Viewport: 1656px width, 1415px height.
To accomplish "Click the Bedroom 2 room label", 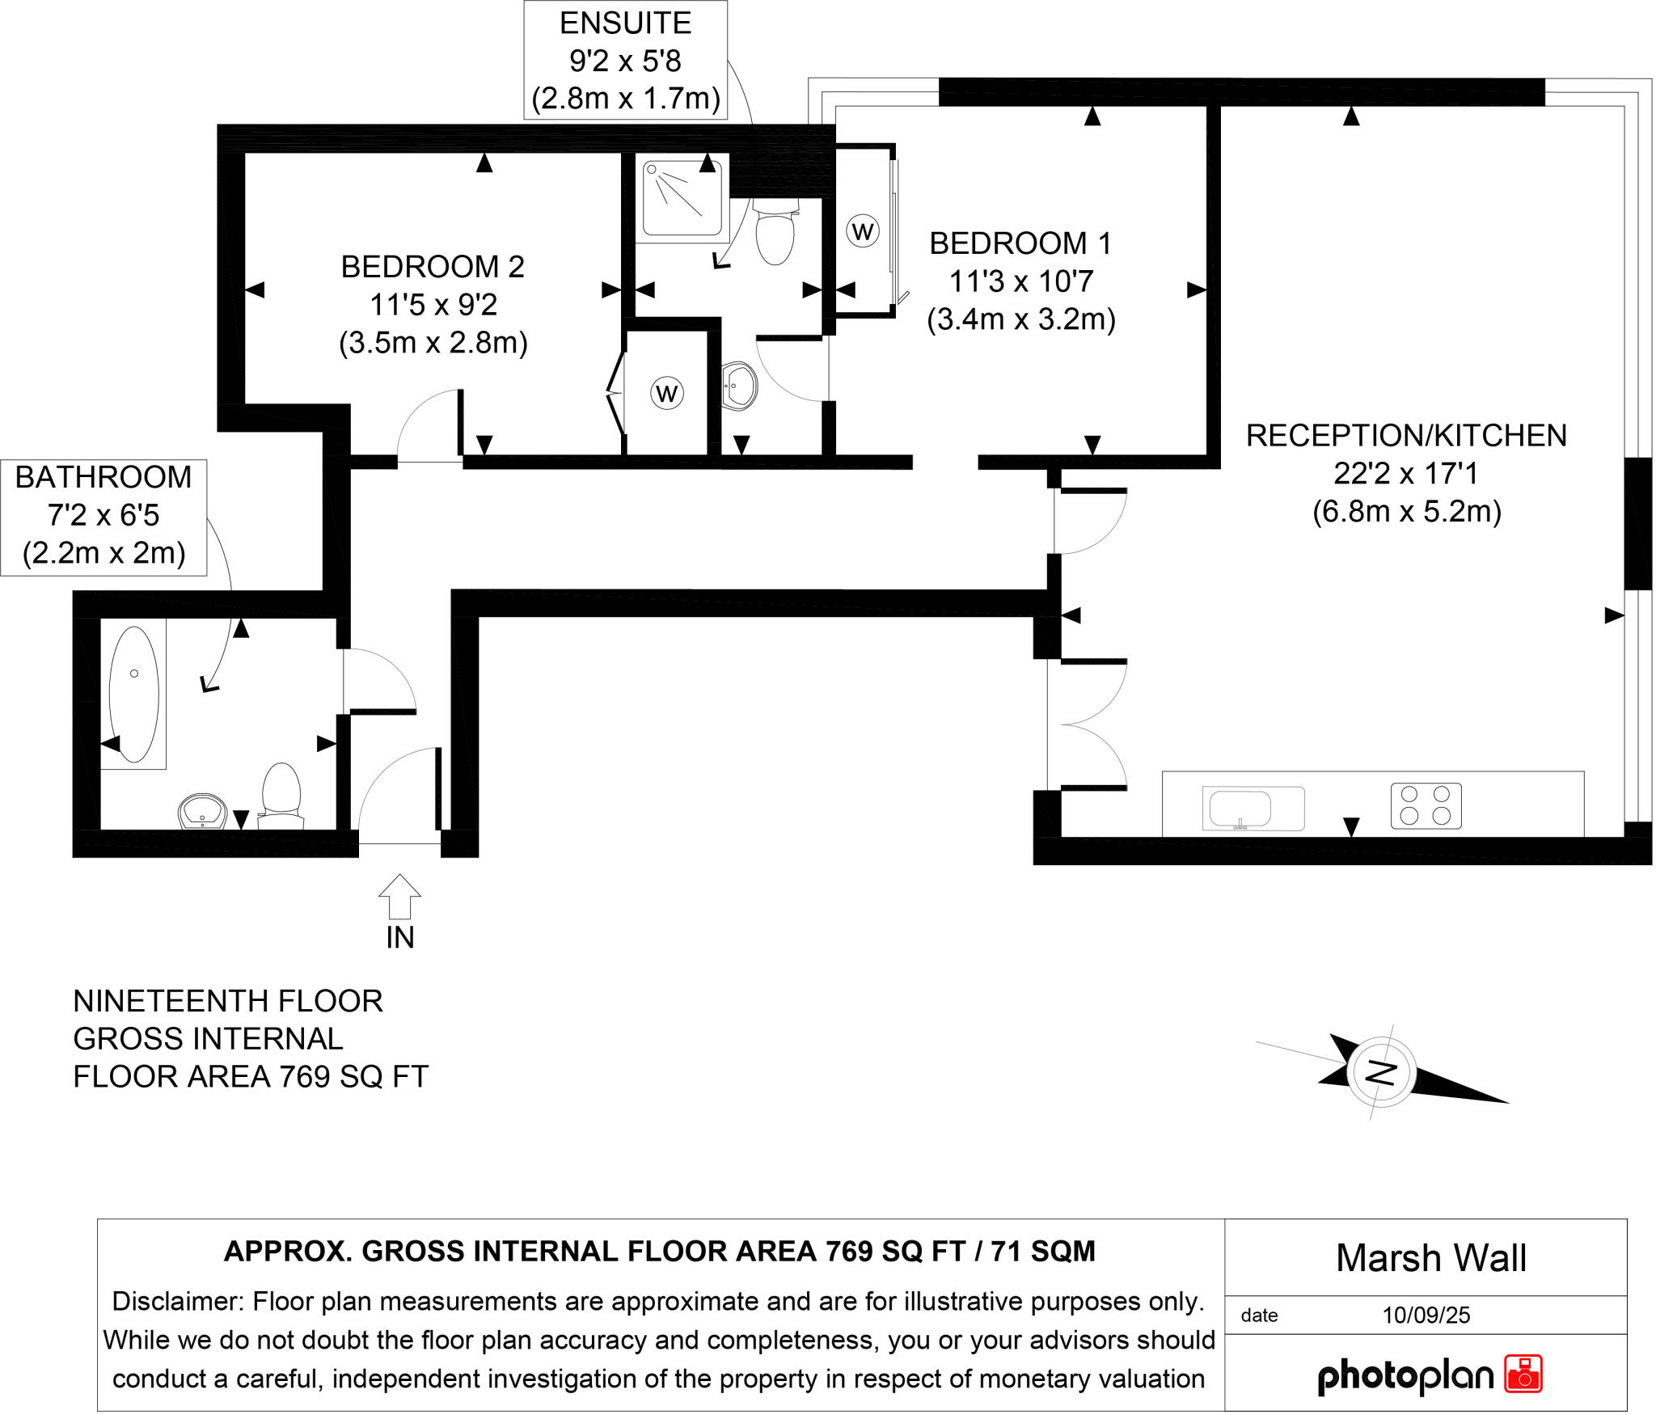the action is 433,267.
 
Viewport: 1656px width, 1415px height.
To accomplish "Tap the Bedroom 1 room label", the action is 1020,243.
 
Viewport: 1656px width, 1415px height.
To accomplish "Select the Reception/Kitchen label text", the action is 1406,436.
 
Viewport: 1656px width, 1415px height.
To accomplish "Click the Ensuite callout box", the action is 625,61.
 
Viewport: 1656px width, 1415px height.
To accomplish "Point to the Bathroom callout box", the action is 103,517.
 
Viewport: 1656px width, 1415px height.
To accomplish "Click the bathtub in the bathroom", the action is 133,694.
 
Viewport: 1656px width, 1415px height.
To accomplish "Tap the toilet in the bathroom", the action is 281,796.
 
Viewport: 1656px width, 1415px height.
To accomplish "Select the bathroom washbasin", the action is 202,812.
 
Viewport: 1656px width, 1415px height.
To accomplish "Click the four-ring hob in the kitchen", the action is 1426,806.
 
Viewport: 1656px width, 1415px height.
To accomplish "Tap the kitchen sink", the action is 1253,809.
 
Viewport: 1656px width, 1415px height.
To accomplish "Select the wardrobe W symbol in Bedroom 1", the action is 863,232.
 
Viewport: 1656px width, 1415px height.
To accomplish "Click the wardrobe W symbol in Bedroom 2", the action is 667,394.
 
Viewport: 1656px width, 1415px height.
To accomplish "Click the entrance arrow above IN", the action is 399,896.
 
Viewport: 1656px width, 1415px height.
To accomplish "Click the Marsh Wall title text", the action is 1431,1258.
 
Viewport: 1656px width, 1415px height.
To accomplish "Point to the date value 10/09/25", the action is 1426,1316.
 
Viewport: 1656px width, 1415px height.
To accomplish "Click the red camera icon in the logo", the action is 1523,1375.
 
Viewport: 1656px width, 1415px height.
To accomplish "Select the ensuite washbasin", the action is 739,386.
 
